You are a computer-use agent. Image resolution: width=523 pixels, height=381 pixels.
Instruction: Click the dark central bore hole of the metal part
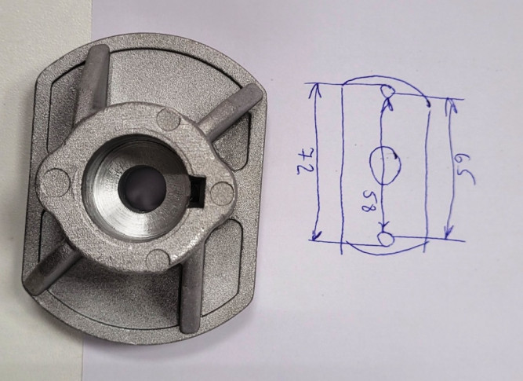[x=142, y=189]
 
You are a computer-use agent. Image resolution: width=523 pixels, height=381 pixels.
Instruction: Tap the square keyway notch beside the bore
[x=199, y=190]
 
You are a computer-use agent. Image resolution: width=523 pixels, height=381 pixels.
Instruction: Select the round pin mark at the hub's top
[x=169, y=119]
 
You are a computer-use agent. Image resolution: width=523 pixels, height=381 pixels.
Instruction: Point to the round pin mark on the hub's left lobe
[x=56, y=182]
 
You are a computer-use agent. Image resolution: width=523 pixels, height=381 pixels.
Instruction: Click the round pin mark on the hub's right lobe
[x=222, y=193]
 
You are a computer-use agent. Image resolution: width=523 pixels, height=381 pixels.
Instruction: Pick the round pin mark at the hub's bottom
[x=158, y=261]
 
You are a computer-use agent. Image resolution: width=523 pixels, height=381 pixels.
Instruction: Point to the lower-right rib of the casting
[x=192, y=291]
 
